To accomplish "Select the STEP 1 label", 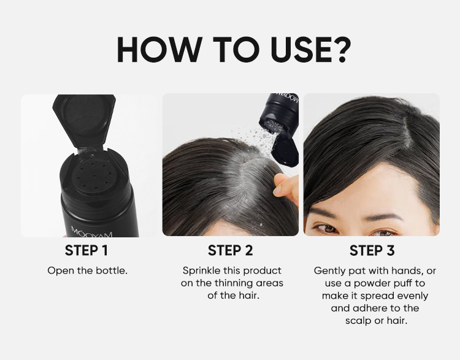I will point(87,250).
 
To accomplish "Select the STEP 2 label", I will point(230,250).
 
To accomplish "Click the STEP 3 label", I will point(372,250).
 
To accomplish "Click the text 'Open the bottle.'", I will point(87,270).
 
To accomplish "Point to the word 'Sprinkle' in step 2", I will point(202,270).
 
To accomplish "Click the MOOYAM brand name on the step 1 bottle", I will point(88,231).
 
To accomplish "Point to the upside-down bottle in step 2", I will point(280,123).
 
